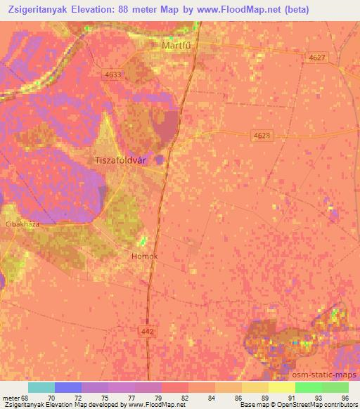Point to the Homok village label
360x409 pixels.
(145, 256)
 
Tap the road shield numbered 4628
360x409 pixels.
(262, 134)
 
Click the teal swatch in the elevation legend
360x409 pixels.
(41, 387)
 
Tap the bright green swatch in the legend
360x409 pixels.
(308, 387)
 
